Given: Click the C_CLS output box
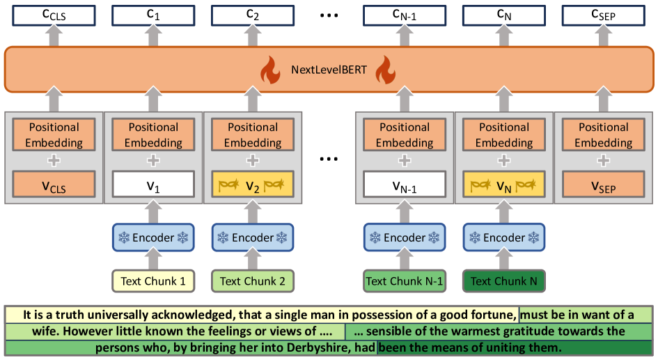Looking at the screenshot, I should pos(54,14).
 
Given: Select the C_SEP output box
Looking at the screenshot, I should pos(603,14).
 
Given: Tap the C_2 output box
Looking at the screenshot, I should pos(252,14).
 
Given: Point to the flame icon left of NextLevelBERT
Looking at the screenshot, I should pos(269,70).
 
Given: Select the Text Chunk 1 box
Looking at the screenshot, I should pos(153,281).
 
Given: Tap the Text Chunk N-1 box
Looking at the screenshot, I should pos(405,281).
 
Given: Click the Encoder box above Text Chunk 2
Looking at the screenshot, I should pos(252,237).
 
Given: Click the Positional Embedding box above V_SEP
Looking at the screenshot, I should pos(603,135).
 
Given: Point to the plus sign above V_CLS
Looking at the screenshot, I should pos(54,160).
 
